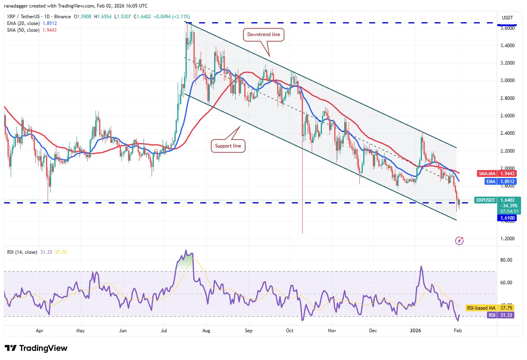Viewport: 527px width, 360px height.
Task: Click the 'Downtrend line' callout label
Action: pos(263,34)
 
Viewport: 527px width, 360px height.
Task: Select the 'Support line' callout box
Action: pos(228,146)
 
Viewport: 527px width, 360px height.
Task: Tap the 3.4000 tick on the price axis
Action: pos(508,46)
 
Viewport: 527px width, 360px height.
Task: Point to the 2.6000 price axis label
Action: pos(508,116)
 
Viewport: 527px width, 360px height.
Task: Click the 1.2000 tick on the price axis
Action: pos(508,239)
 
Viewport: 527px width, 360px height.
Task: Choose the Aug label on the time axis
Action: pos(206,330)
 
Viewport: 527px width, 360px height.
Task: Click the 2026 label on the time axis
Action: pos(416,330)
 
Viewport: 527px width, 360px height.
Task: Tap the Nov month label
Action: pos(332,330)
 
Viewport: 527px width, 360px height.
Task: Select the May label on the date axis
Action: pos(80,330)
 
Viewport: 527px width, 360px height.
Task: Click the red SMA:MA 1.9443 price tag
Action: pos(496,174)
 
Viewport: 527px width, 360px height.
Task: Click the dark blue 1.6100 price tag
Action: pos(507,218)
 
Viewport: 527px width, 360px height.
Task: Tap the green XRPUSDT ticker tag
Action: pos(485,200)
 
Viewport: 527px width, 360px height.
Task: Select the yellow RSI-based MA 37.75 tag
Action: pos(491,308)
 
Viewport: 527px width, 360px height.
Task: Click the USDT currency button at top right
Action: pos(507,18)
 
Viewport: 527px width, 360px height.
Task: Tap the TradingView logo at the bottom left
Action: pos(36,348)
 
